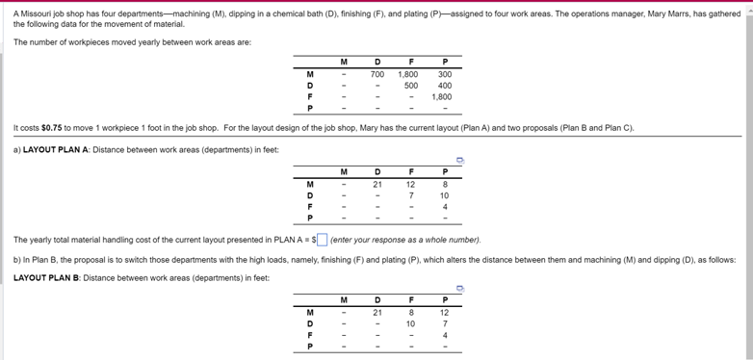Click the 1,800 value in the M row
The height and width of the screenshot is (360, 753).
408,74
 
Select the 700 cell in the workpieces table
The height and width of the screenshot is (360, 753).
377,74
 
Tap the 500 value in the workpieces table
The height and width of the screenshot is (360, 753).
410,86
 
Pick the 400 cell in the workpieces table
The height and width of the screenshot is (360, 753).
444,86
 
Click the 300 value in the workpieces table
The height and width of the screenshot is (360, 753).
444,74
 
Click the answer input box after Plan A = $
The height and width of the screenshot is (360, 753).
323,240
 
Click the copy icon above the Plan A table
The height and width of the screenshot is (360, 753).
460,161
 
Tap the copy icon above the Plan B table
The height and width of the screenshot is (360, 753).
460,287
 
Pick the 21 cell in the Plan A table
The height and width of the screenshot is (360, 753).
377,184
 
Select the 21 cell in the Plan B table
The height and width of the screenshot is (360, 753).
377,312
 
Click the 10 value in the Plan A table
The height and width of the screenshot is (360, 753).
444,195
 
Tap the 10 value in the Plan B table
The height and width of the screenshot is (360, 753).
410,323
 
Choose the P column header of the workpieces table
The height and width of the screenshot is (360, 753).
444,62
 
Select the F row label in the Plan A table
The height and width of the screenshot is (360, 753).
309,207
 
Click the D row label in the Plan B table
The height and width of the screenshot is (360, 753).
309,323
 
